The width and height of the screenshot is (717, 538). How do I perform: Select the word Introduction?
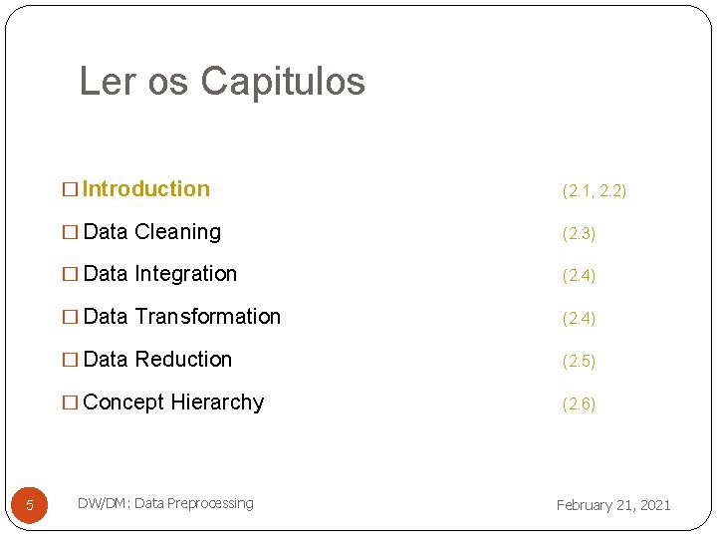pyautogui.click(x=146, y=189)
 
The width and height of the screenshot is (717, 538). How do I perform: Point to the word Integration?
pyautogui.click(x=185, y=274)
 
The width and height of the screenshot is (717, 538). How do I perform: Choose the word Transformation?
pyautogui.click(x=207, y=317)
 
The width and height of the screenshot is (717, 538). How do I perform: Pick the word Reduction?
pyautogui.click(x=183, y=360)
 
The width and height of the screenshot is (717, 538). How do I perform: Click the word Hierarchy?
pyautogui.click(x=217, y=403)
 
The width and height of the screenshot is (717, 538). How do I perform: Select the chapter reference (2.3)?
pyautogui.click(x=579, y=233)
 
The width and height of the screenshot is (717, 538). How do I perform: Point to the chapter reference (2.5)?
pyautogui.click(x=579, y=361)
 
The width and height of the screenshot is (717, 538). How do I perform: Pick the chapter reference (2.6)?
pyautogui.click(x=579, y=403)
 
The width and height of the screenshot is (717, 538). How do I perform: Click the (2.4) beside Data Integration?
pyautogui.click(x=579, y=275)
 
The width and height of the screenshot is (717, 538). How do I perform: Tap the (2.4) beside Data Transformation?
pyautogui.click(x=579, y=318)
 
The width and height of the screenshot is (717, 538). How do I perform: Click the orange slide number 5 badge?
pyautogui.click(x=29, y=505)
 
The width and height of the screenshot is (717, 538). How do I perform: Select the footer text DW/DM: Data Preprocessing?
pyautogui.click(x=165, y=503)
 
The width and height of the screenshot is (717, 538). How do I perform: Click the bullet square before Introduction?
pyautogui.click(x=70, y=190)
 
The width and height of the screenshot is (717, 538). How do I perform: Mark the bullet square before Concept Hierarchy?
pyautogui.click(x=70, y=403)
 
